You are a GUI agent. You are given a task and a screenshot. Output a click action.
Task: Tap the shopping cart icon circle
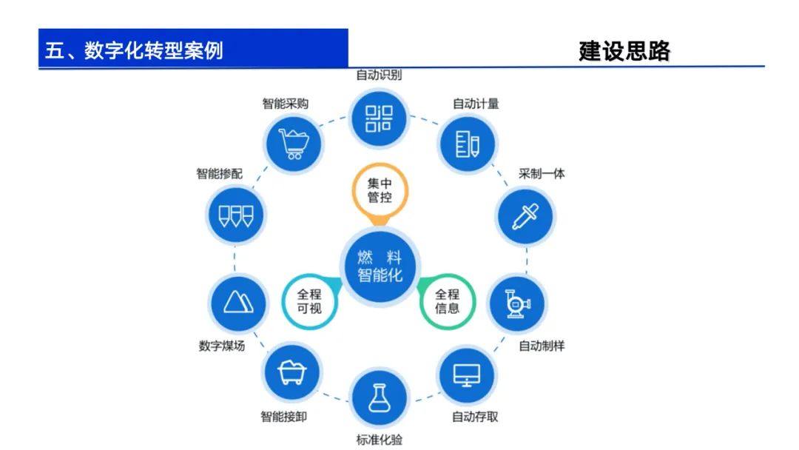[293, 140]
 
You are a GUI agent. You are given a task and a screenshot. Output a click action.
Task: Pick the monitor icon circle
[466, 376]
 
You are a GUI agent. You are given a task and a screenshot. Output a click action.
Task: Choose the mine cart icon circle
[291, 373]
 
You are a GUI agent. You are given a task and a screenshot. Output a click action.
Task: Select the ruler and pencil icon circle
[467, 142]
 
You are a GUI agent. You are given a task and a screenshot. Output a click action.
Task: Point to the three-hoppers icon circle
[235, 216]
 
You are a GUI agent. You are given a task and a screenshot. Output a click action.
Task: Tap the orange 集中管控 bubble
[380, 191]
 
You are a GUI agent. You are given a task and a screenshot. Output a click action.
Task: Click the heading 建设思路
[624, 51]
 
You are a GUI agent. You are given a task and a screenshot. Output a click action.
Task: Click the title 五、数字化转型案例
[134, 51]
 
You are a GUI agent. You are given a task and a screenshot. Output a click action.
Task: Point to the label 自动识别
[379, 75]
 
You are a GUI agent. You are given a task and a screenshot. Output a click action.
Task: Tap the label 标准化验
[380, 440]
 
